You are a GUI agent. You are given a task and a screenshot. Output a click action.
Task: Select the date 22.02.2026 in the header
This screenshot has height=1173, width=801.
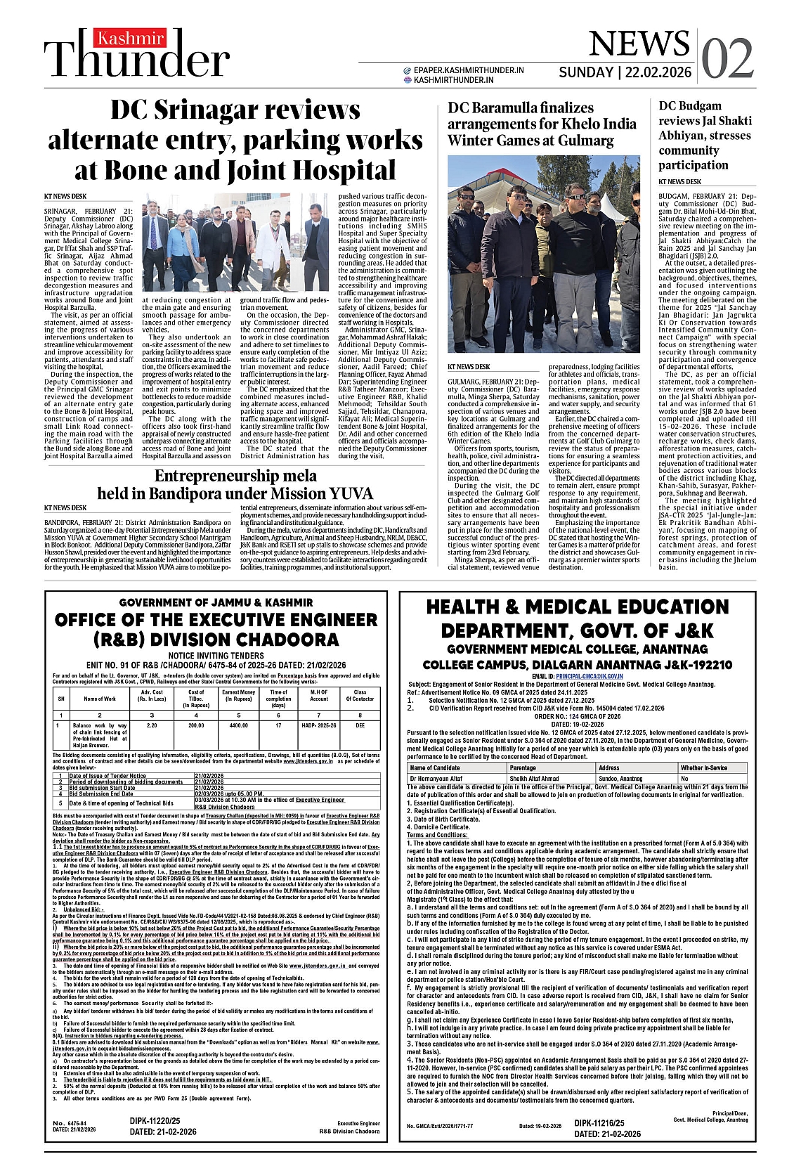657,72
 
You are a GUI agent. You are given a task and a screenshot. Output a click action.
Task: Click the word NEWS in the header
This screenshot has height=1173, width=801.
639,44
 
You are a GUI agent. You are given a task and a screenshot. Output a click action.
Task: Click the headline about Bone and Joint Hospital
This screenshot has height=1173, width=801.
236,140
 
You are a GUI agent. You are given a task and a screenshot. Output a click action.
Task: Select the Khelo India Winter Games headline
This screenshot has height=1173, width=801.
542,124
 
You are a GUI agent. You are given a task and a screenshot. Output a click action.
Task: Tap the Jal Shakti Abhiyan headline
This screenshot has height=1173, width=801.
704,135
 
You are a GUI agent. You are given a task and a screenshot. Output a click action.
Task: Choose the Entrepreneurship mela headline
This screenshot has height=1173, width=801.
235,484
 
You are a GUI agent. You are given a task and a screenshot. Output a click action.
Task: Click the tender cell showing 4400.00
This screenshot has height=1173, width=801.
238,725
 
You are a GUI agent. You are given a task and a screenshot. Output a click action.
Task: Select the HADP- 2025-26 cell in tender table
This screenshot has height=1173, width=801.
319,725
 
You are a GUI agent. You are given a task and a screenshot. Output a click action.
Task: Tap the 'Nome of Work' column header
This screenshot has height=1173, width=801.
100,699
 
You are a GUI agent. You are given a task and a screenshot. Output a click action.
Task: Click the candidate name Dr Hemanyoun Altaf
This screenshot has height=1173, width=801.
436,779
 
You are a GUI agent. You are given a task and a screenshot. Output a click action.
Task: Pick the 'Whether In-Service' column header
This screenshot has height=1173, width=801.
703,768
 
